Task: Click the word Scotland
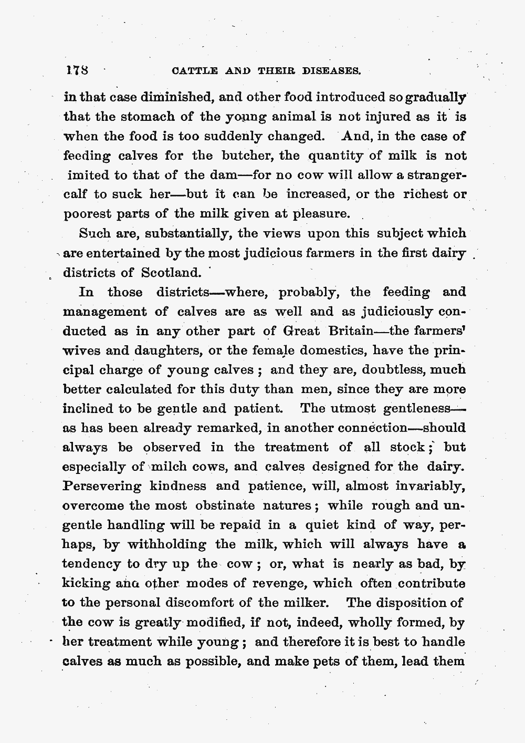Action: click(x=171, y=273)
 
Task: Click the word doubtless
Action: click(x=390, y=370)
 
